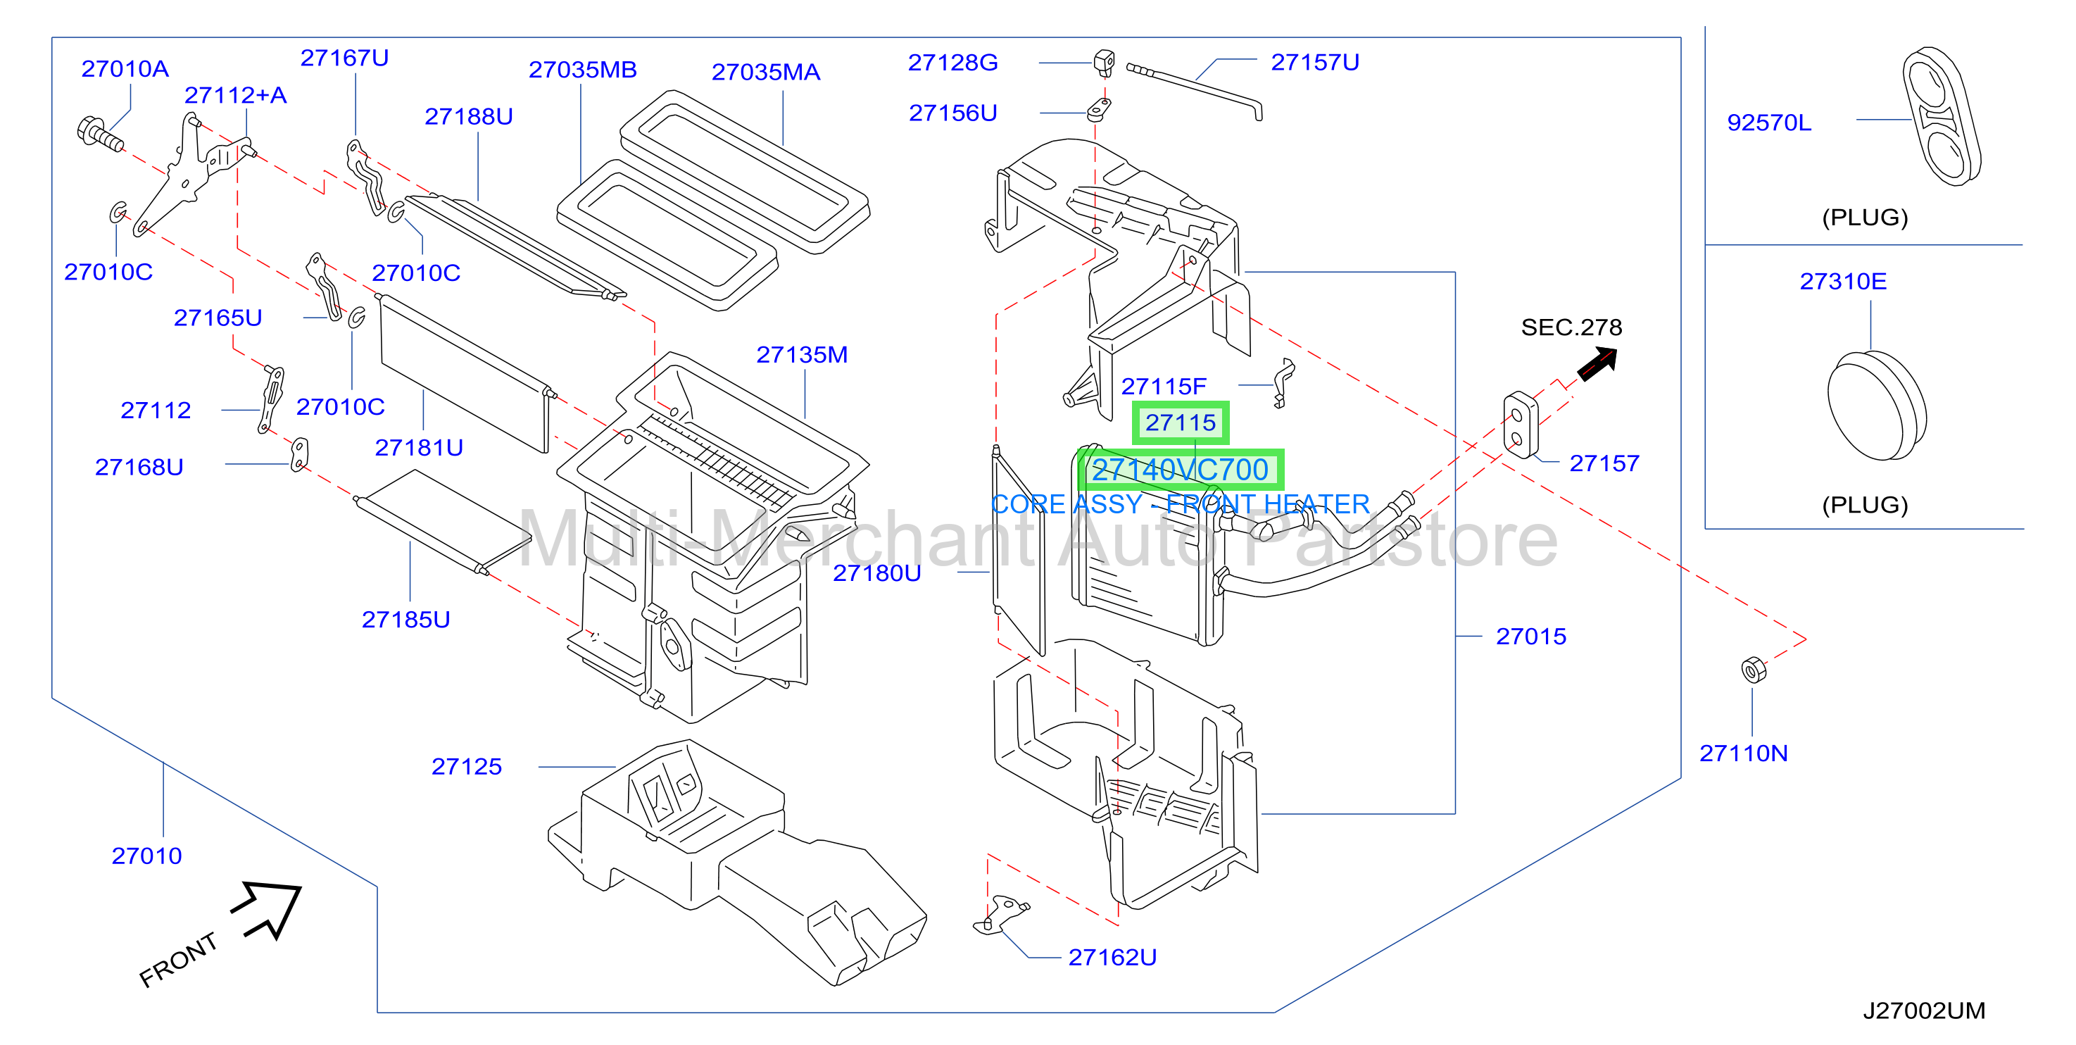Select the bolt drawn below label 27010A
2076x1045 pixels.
click(x=100, y=134)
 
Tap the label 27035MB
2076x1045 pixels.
click(x=583, y=69)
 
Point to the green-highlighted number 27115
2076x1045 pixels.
click(x=1181, y=423)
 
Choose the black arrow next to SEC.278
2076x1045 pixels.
click(x=1598, y=363)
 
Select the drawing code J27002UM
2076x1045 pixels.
click(x=1924, y=1010)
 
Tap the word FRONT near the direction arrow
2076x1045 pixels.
click(x=178, y=960)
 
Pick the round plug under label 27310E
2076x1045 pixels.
click(x=1877, y=406)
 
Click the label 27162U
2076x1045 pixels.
click(x=1112, y=957)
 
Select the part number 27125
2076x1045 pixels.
click(x=467, y=766)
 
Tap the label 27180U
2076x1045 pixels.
click(x=877, y=572)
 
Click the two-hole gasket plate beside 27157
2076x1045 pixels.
click(x=1521, y=425)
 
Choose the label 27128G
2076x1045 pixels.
click(x=953, y=62)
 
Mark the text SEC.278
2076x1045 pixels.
click(x=1571, y=327)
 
